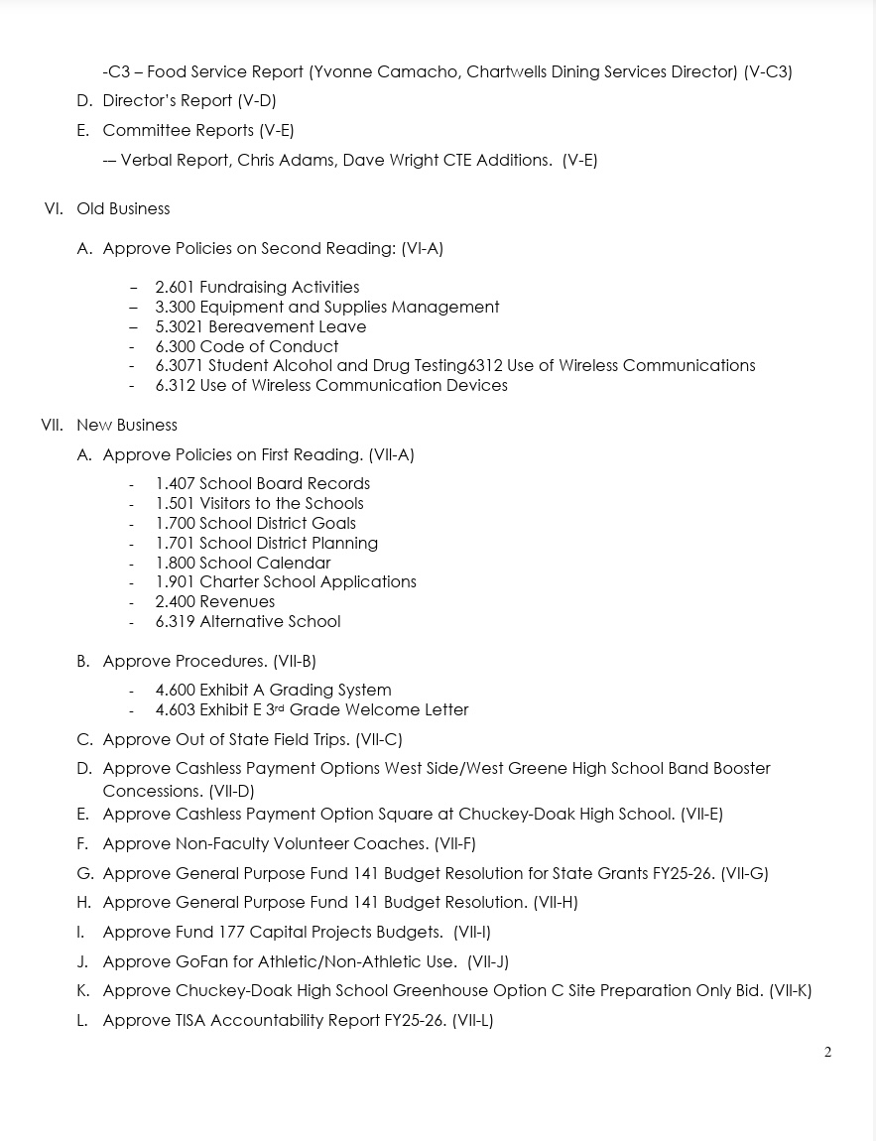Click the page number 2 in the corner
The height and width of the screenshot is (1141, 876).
pyautogui.click(x=827, y=1053)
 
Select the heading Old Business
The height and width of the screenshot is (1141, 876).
pyautogui.click(x=123, y=209)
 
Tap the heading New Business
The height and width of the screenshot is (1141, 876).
pyautogui.click(x=127, y=426)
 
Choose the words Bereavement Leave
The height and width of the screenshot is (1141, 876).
pyautogui.click(x=283, y=327)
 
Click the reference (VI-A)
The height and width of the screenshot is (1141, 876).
pyautogui.click(x=422, y=249)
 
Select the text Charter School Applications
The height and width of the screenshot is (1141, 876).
pyautogui.click(x=308, y=582)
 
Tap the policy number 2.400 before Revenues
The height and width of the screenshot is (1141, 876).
pyautogui.click(x=175, y=602)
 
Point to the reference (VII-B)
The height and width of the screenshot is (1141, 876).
pyautogui.click(x=295, y=662)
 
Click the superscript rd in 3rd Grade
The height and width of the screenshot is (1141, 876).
pyautogui.click(x=280, y=707)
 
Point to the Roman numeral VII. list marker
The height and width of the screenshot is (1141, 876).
pyautogui.click(x=52, y=426)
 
